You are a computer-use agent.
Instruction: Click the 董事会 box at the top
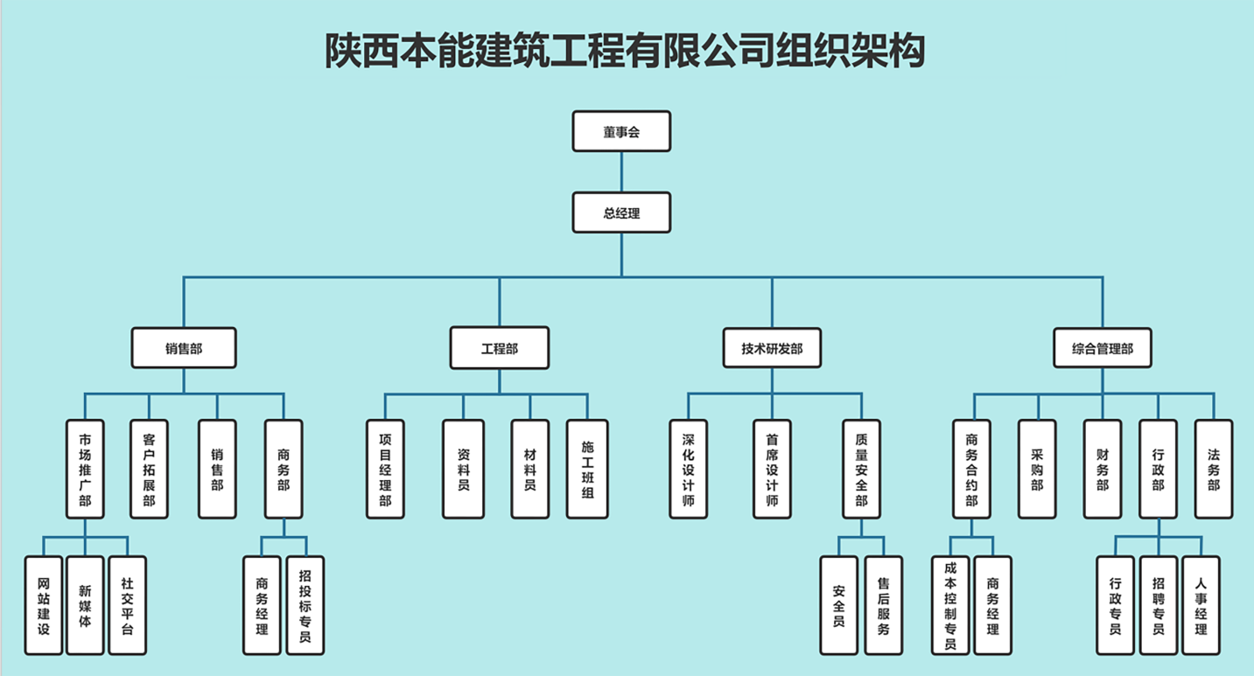[x=621, y=132]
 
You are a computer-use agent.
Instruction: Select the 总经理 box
[x=621, y=213]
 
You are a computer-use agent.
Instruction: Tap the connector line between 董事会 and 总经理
[x=621, y=172]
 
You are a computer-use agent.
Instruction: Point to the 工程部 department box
[x=500, y=348]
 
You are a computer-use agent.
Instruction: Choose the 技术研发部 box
[x=772, y=348]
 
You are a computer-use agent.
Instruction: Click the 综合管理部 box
[x=1102, y=348]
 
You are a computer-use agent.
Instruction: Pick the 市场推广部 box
[x=85, y=469]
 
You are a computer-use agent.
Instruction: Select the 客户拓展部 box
[x=149, y=469]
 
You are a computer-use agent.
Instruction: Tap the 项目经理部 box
[x=385, y=469]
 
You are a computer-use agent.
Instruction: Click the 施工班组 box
[x=587, y=469]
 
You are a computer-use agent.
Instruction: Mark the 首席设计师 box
[x=772, y=469]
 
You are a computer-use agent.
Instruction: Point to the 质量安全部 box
[x=861, y=469]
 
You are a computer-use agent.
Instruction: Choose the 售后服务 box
[x=883, y=605]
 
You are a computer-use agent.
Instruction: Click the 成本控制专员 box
[x=950, y=605]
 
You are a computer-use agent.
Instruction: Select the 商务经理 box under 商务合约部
[x=992, y=605]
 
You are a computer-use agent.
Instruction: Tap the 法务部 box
[x=1214, y=469]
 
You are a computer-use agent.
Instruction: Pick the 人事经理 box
[x=1201, y=605]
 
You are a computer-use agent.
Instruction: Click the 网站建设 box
[x=44, y=605]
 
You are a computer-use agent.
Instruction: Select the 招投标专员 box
[x=305, y=605]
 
